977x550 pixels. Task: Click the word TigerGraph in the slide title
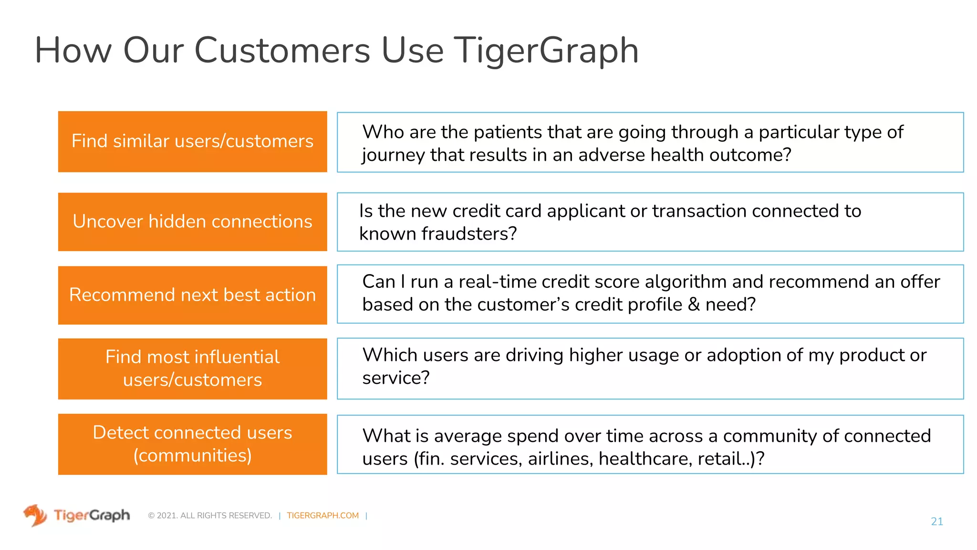546,51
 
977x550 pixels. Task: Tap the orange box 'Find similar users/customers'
192,141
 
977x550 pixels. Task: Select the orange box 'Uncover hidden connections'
192,222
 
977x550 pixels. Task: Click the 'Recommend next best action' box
192,295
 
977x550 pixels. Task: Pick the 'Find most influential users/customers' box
192,369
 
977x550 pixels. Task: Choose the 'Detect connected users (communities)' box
192,444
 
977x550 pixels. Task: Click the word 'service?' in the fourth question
395,378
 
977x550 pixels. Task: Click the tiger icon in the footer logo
35,515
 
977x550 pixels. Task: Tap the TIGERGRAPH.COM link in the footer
322,516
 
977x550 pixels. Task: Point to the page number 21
936,521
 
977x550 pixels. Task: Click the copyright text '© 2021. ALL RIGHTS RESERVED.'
210,516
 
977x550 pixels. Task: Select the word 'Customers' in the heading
282,51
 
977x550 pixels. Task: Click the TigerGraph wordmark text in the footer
92,515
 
